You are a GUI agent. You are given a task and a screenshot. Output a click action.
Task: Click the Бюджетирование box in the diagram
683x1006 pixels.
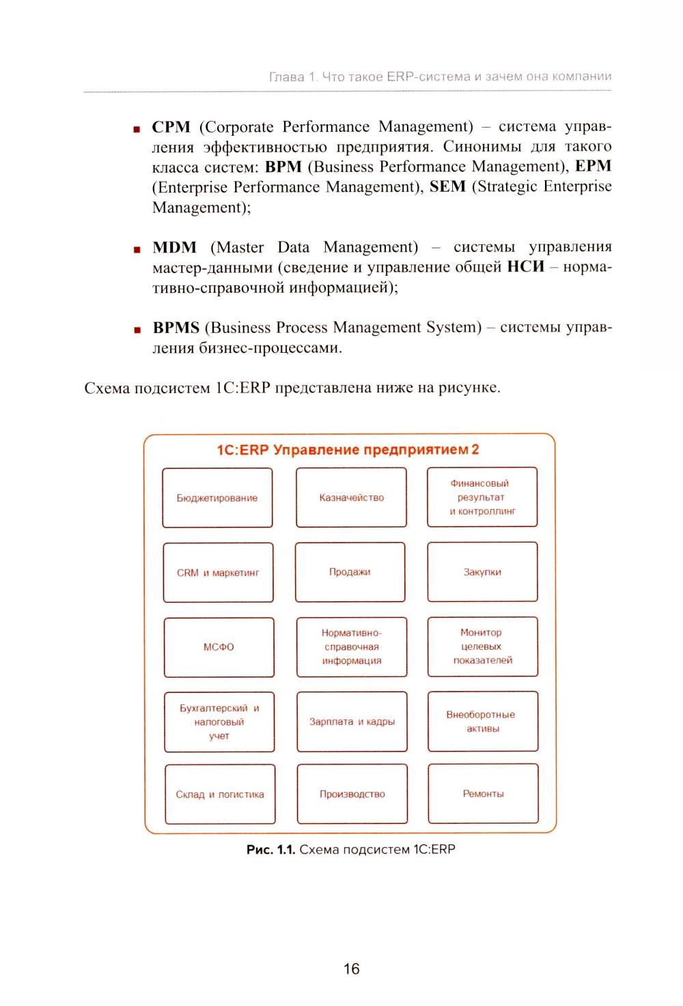pos(217,498)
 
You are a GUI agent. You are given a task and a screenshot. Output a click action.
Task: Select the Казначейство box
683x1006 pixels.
pos(351,498)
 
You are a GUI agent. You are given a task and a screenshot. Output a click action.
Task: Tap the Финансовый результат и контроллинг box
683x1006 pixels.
pos(482,497)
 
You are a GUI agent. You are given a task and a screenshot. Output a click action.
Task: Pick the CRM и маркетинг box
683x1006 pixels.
pos(218,573)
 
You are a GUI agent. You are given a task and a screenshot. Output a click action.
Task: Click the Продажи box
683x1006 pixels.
pos(350,572)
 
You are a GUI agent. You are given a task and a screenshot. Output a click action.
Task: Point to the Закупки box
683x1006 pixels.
pos(482,572)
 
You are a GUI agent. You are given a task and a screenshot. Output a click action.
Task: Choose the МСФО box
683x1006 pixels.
pos(219,647)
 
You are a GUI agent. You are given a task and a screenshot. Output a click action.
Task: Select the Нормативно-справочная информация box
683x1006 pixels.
pos(352,647)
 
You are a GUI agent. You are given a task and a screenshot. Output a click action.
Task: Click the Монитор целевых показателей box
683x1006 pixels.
pos(482,646)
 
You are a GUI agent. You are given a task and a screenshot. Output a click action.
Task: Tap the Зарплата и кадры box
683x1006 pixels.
pos(352,721)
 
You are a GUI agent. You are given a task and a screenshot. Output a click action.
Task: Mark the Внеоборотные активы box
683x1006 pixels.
pos(482,721)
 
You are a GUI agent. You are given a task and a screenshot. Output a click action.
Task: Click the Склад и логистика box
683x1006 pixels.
pos(220,794)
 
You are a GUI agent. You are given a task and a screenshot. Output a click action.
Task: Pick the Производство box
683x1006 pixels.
pos(352,794)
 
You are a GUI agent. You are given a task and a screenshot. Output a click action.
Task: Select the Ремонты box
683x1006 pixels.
pos(483,793)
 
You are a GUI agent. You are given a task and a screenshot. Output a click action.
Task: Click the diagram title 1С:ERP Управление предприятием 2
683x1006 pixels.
pos(348,450)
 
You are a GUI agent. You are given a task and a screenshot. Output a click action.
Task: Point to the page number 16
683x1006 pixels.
pos(351,968)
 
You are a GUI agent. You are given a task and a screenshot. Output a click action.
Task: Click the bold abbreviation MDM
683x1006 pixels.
pos(175,247)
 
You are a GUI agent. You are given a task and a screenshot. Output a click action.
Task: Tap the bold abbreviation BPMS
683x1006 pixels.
pos(176,328)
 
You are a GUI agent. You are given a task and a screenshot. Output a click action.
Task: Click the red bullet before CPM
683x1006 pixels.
pos(137,128)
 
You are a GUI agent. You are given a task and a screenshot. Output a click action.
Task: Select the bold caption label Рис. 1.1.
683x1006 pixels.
pos(270,850)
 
